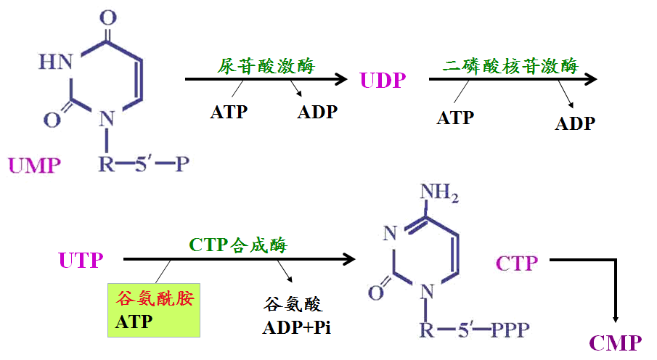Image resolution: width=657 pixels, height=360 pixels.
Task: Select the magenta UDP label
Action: point(383,81)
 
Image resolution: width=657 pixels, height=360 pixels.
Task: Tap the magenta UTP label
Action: point(81,260)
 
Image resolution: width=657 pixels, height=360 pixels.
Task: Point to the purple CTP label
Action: point(518,263)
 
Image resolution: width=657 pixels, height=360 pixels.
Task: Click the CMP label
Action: point(616,343)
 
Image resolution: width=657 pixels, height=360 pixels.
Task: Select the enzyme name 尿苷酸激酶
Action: point(266,65)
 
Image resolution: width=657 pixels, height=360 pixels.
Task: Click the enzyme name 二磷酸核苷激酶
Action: point(510,66)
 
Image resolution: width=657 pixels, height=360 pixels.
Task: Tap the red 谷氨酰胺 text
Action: point(155,298)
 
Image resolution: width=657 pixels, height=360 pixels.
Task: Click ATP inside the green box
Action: point(134,321)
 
